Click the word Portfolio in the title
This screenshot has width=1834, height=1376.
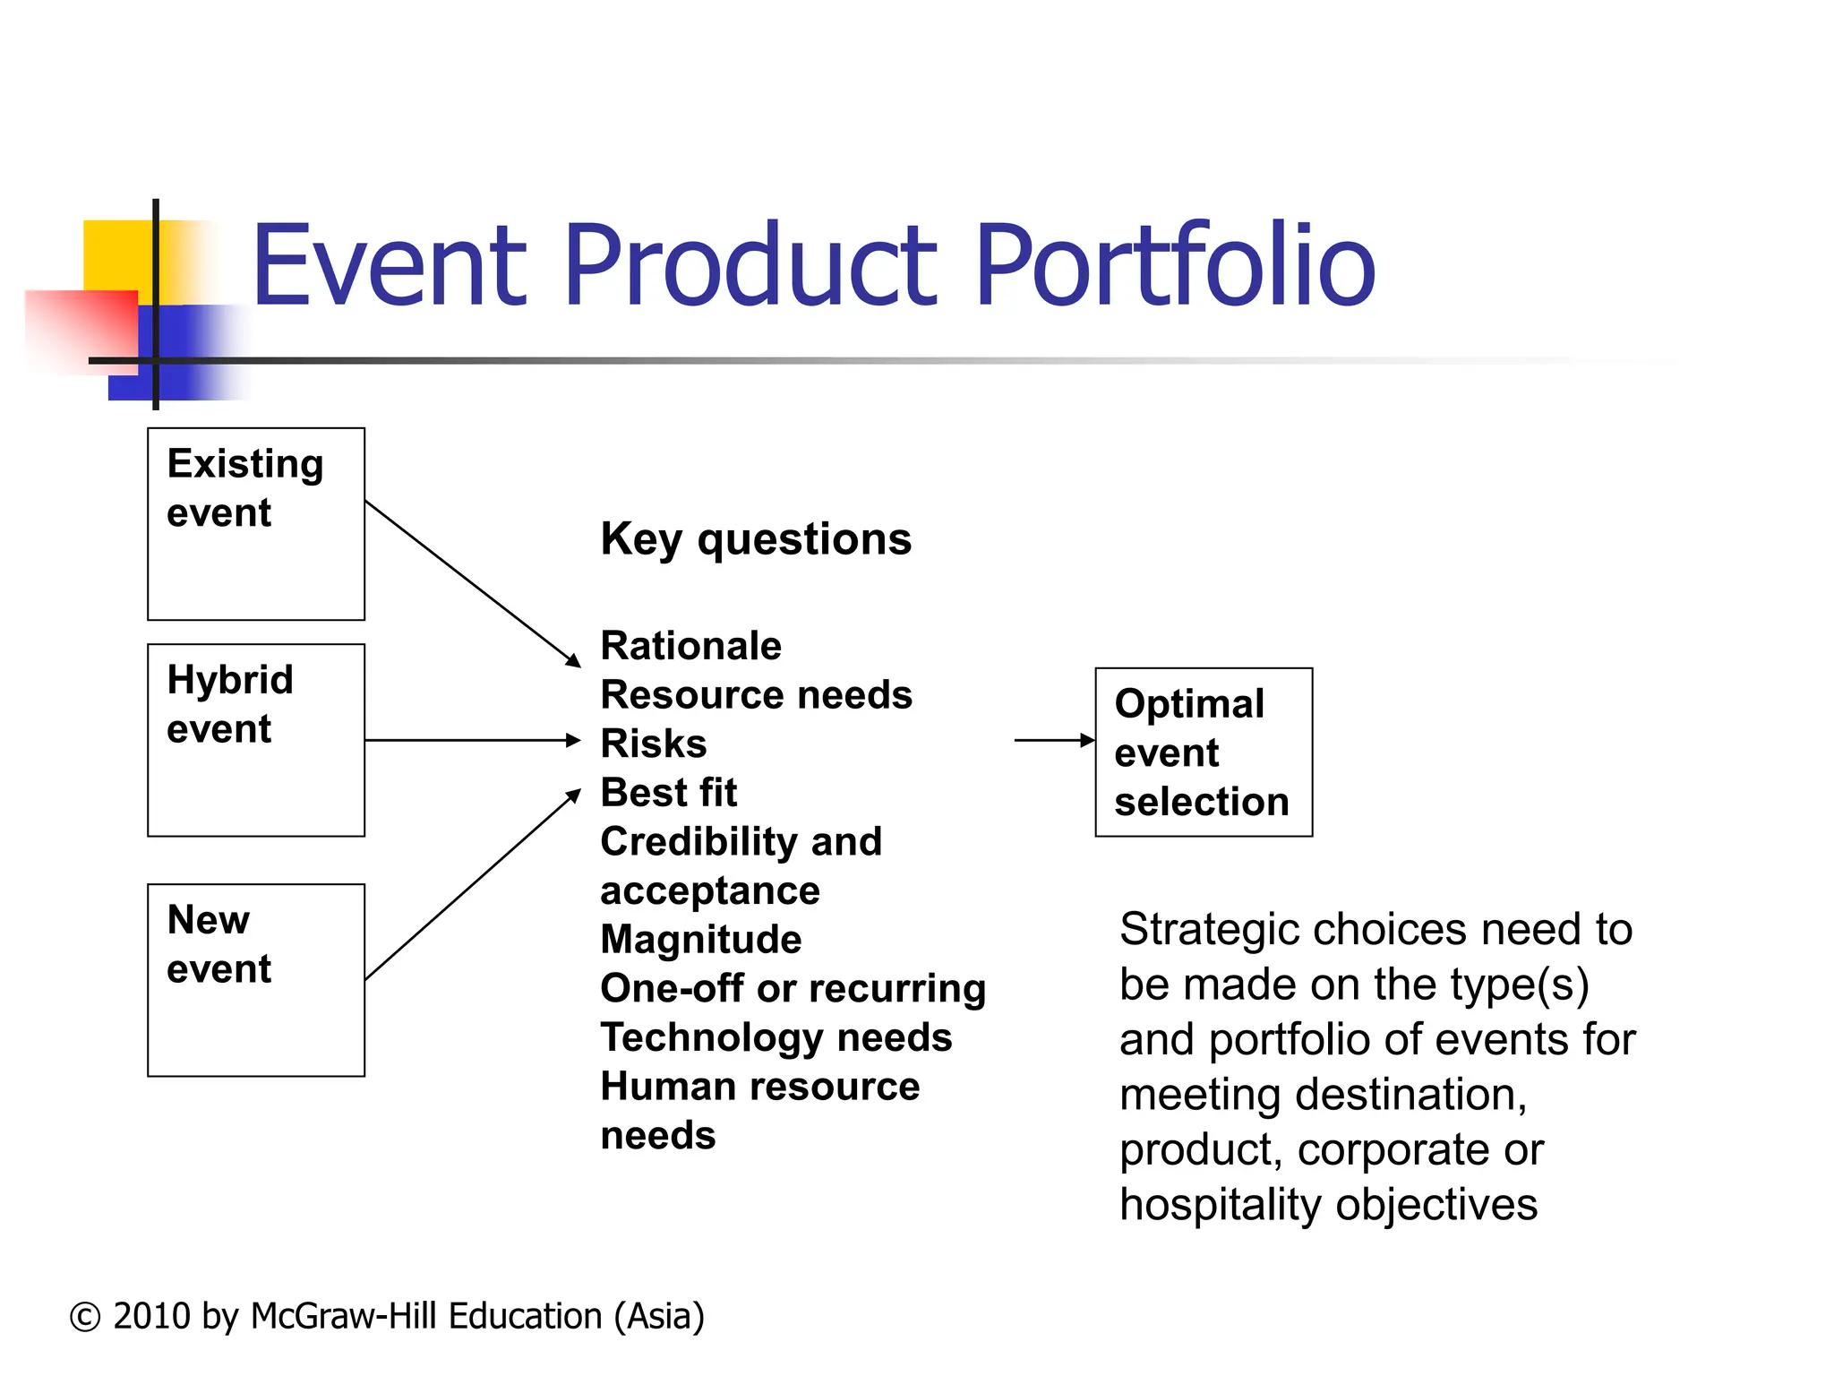pos(1174,265)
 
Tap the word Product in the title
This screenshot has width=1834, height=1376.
pos(749,265)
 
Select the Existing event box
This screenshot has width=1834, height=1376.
pos(255,524)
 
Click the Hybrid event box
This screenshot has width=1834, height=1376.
pos(255,740)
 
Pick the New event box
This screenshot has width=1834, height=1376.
pos(255,980)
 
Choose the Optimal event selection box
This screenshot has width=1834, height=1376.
pos(1203,752)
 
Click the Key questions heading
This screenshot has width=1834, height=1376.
pos(756,539)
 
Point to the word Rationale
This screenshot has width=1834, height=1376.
pos(690,646)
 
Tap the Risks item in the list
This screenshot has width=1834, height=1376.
pos(654,744)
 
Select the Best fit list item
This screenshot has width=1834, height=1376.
pos(669,793)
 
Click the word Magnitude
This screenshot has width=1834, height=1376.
pos(701,940)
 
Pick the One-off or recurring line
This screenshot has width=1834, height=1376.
pos(793,989)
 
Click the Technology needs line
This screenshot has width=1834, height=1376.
pos(776,1038)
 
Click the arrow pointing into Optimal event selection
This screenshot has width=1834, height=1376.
pos(1053,740)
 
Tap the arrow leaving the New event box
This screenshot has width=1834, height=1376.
pos(472,885)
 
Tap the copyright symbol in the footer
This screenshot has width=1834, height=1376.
pos(85,1317)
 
